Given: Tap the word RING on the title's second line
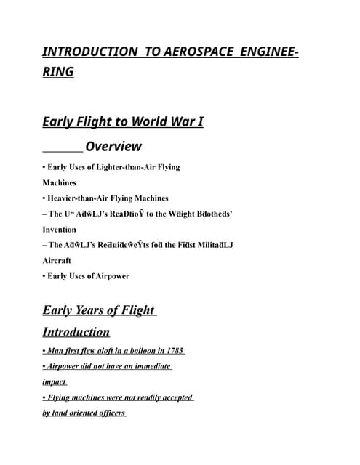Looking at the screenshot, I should (58, 72).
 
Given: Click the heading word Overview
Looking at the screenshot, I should (113, 147).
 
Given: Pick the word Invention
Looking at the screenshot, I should (59, 229).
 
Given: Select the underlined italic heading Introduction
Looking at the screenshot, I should (76, 332).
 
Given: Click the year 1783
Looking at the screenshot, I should (175, 350).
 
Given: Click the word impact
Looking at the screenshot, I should (54, 381).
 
